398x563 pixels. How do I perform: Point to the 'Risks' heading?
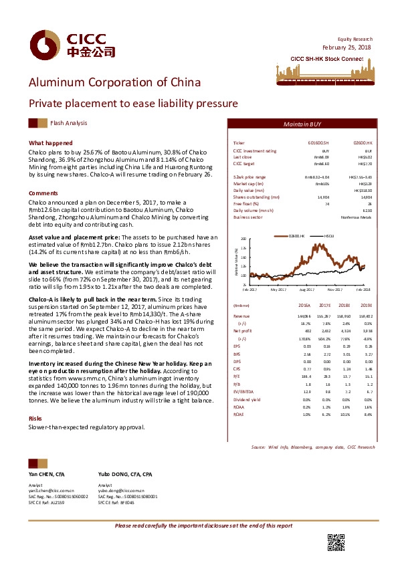tap(35, 399)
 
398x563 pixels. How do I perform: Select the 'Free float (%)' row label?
tap(247, 203)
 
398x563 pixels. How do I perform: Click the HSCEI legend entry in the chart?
tap(328, 236)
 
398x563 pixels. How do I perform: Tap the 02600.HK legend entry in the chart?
tap(296, 236)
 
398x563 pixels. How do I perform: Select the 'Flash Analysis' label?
tap(68, 123)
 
